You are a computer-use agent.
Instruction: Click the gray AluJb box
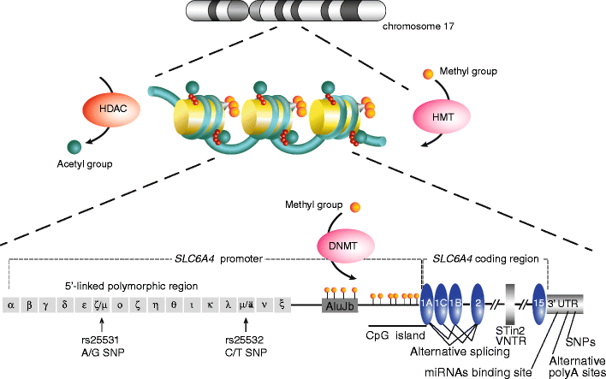[x=339, y=303]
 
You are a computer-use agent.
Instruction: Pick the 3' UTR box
[x=565, y=303]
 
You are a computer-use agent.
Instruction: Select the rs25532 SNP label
[x=247, y=344]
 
